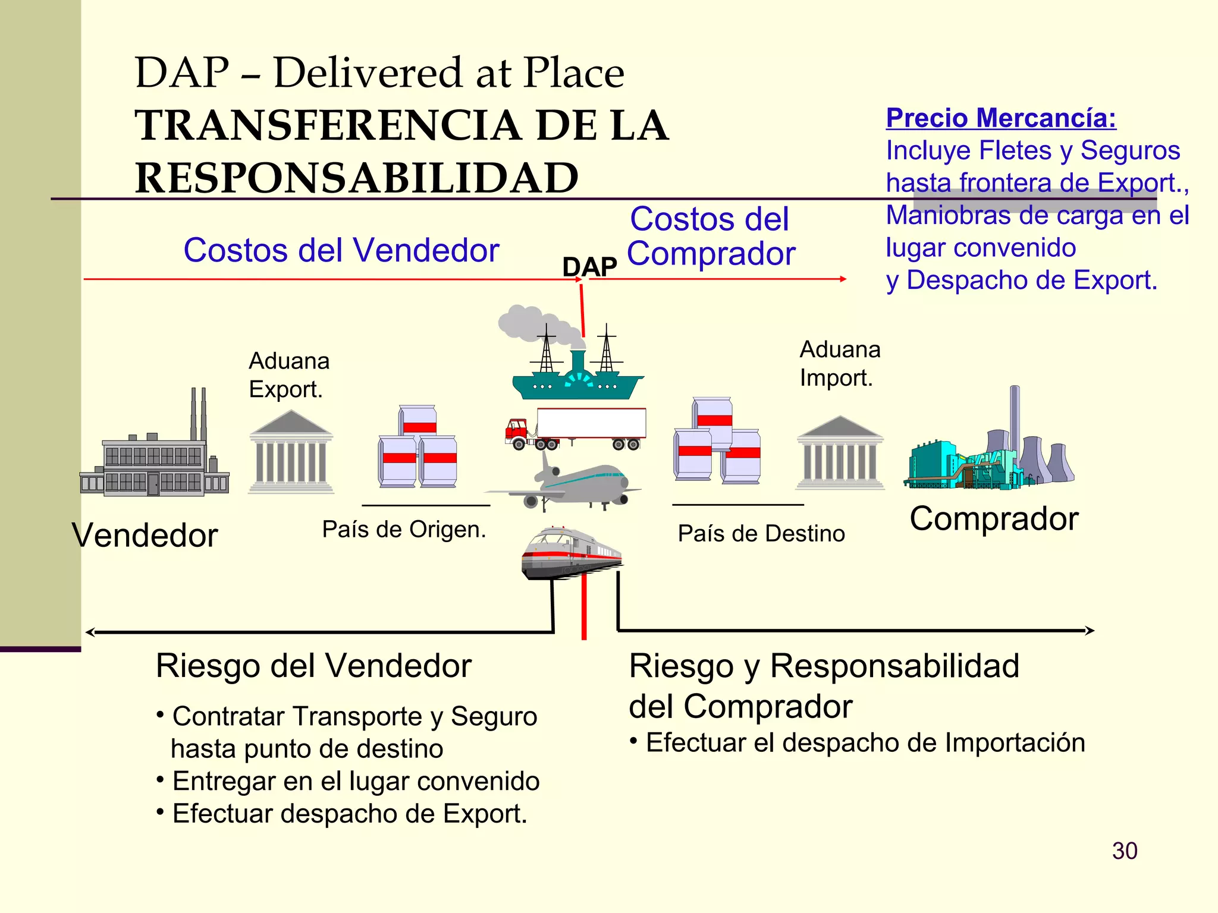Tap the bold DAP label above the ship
(x=589, y=267)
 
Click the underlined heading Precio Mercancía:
(x=1001, y=118)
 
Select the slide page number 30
(x=1125, y=851)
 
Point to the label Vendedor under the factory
(x=145, y=535)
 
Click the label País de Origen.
(x=404, y=529)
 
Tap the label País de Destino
(x=761, y=533)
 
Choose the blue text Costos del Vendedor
(x=341, y=250)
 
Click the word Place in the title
(x=573, y=73)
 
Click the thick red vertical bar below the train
(x=584, y=606)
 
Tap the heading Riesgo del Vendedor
(x=313, y=665)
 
